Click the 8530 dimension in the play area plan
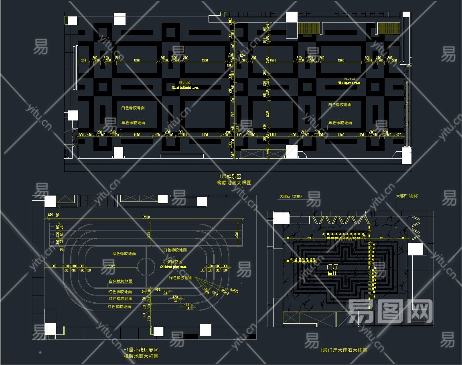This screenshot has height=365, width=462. click(x=146, y=217)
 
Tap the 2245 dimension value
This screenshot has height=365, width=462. click(x=109, y=266)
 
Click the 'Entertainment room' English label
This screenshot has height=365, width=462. click(x=185, y=87)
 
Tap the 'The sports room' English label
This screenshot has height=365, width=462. click(x=349, y=83)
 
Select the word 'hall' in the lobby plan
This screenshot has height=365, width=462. click(x=332, y=273)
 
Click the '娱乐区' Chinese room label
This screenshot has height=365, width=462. click(x=184, y=82)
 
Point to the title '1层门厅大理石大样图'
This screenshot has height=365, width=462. click(x=344, y=350)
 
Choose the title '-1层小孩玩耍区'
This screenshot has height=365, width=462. click(x=141, y=350)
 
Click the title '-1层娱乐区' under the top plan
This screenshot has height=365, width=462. click(x=229, y=176)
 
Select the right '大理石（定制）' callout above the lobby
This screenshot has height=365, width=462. click(x=407, y=196)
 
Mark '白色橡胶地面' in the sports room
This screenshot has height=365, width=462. click(x=340, y=105)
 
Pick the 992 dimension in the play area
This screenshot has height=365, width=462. click(x=158, y=290)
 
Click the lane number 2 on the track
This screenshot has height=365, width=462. click(x=52, y=234)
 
